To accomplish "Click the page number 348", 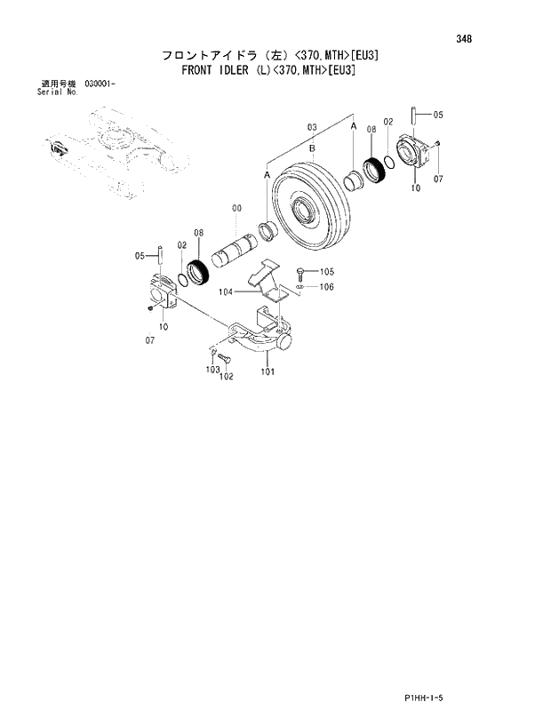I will pyautogui.click(x=464, y=39).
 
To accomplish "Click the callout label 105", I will pyautogui.click(x=326, y=271).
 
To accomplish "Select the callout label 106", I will pyautogui.click(x=326, y=286).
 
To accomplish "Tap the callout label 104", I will pyautogui.click(x=226, y=291).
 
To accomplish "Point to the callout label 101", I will pyautogui.click(x=268, y=372).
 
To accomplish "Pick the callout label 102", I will pyautogui.click(x=226, y=376).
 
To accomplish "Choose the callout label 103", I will pyautogui.click(x=212, y=369).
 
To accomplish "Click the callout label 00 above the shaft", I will pyautogui.click(x=236, y=208).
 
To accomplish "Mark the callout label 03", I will pyautogui.click(x=312, y=128).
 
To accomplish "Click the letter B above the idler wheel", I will pyautogui.click(x=312, y=150).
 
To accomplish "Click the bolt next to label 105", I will pyautogui.click(x=302, y=270).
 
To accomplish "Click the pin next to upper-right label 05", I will pyautogui.click(x=414, y=116).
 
